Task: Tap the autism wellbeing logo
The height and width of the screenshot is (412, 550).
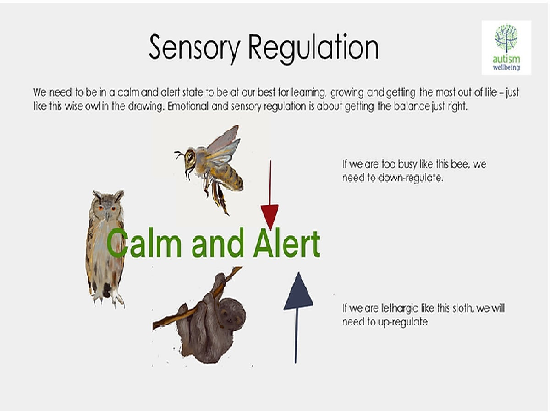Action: [506, 47]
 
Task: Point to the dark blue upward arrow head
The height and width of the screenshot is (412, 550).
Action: [298, 292]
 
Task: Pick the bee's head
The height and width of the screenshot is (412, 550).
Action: [189, 158]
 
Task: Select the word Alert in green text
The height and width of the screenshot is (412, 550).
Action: [286, 244]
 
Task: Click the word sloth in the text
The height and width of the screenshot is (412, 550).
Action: [463, 308]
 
